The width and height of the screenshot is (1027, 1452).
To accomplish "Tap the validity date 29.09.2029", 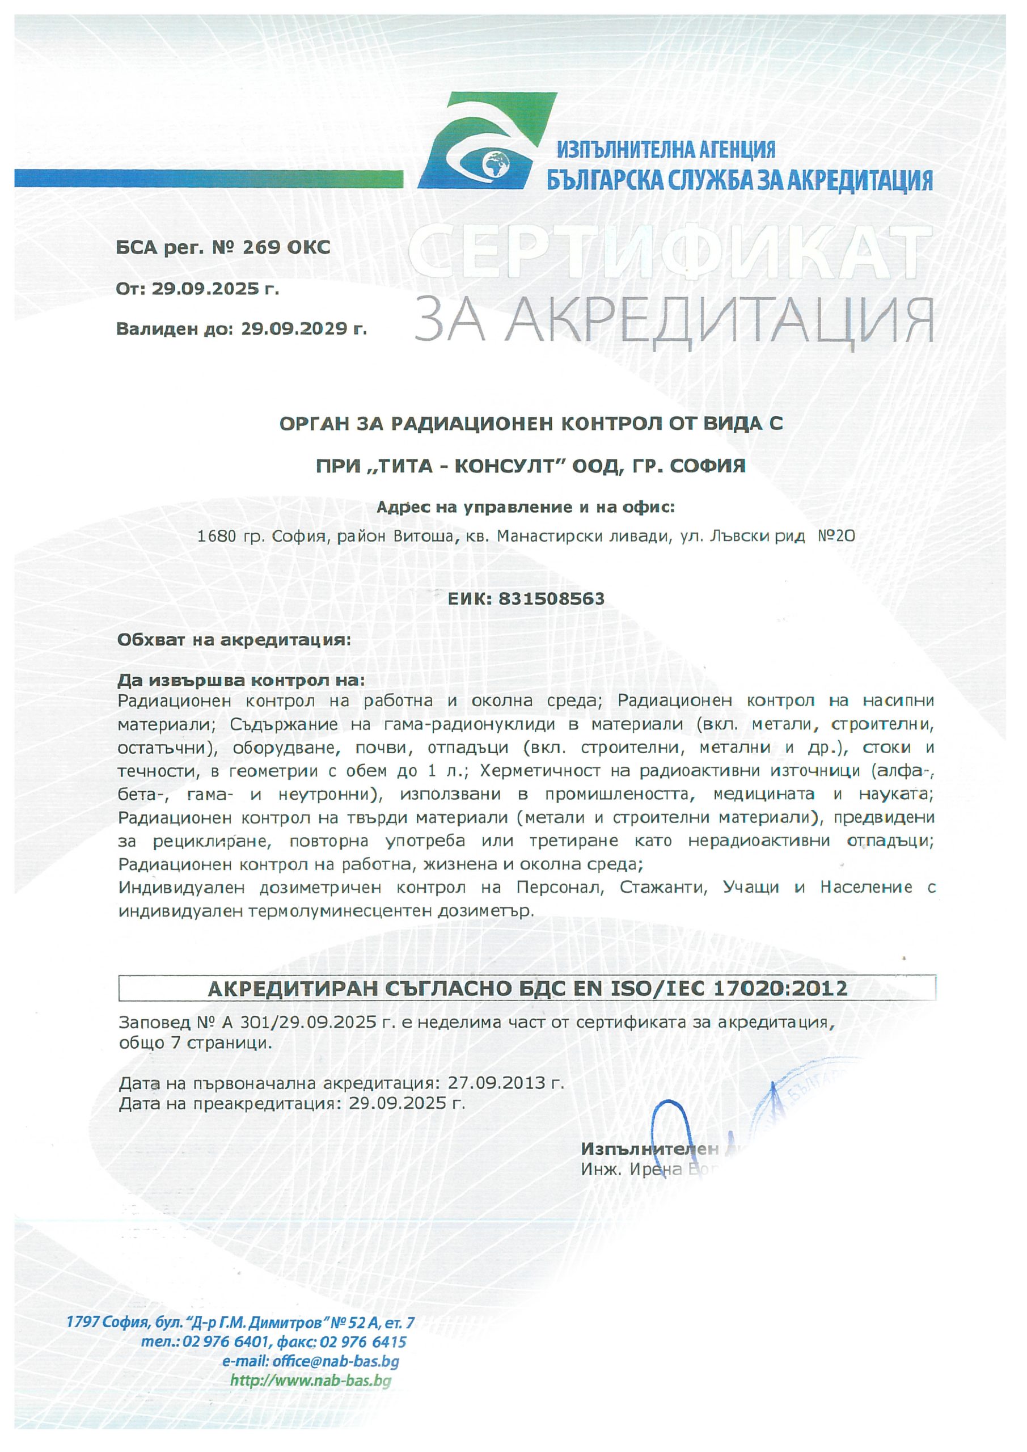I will tap(303, 329).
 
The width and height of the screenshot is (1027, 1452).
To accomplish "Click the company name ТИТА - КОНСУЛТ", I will tap(466, 466).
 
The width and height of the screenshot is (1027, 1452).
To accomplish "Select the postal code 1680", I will tap(213, 537).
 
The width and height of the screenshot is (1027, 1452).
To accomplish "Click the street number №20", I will tap(836, 537).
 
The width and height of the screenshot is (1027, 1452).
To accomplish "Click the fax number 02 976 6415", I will tap(364, 1341).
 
